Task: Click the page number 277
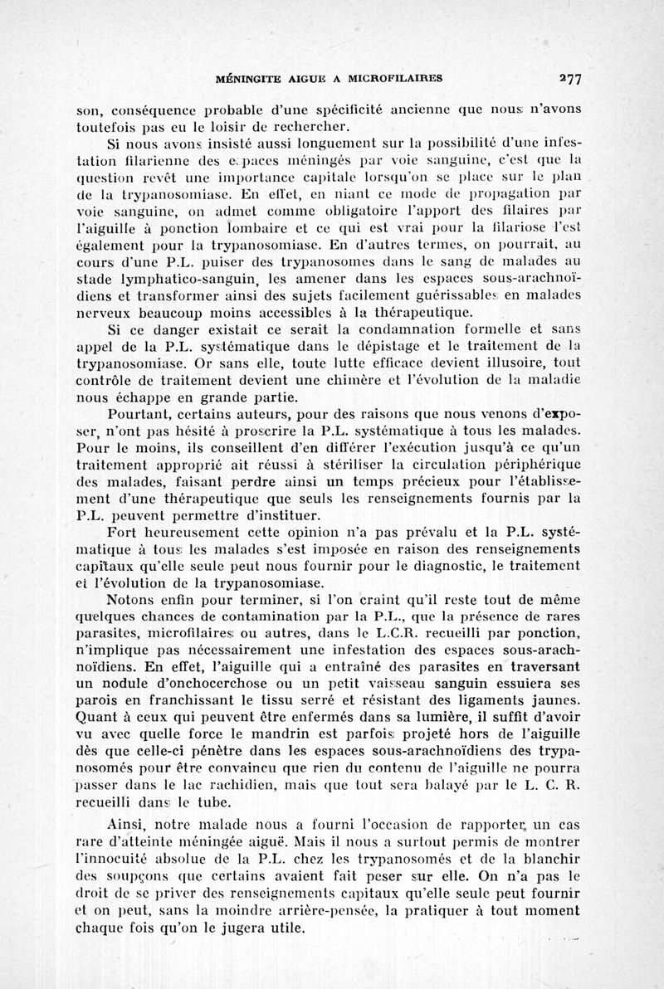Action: pyautogui.click(x=569, y=80)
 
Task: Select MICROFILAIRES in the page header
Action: pyautogui.click(x=396, y=80)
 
